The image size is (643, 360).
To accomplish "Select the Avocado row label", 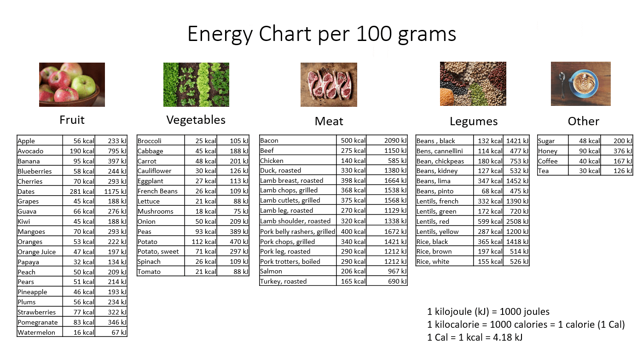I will point(30,151).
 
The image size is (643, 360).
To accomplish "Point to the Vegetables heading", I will point(196,120).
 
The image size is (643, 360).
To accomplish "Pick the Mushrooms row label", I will point(155,211).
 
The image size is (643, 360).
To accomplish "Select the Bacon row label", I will point(269,140).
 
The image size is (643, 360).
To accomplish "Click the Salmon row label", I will point(271,271).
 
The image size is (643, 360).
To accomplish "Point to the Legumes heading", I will point(474,122).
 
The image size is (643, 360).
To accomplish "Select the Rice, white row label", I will point(433,261).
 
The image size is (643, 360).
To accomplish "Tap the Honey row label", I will point(548,151).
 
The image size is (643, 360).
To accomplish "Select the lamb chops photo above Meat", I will point(329,84).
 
